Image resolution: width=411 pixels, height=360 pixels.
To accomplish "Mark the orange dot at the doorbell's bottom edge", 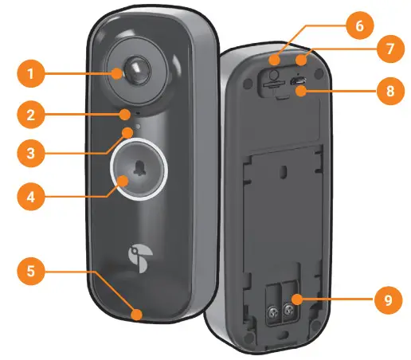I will (x=138, y=315).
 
